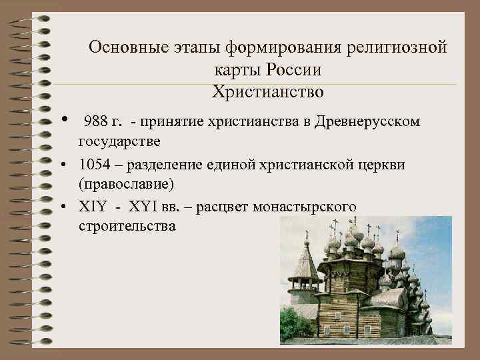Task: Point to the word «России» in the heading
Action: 294,69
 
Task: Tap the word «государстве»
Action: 119,142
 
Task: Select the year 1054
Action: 93,164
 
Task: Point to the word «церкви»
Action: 377,164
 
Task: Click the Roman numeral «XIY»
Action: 92,206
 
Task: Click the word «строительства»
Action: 127,226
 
